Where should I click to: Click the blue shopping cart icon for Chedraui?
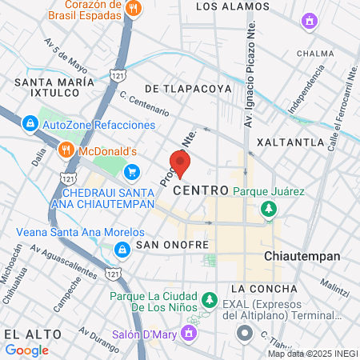click(132, 171)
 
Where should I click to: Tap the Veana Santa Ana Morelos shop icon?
click(120, 250)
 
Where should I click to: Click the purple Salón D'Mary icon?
click(190, 332)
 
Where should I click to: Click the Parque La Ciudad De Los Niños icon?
click(209, 299)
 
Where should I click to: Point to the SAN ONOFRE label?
click(172, 244)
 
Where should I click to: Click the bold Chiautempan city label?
click(302, 256)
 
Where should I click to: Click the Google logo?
click(26, 350)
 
